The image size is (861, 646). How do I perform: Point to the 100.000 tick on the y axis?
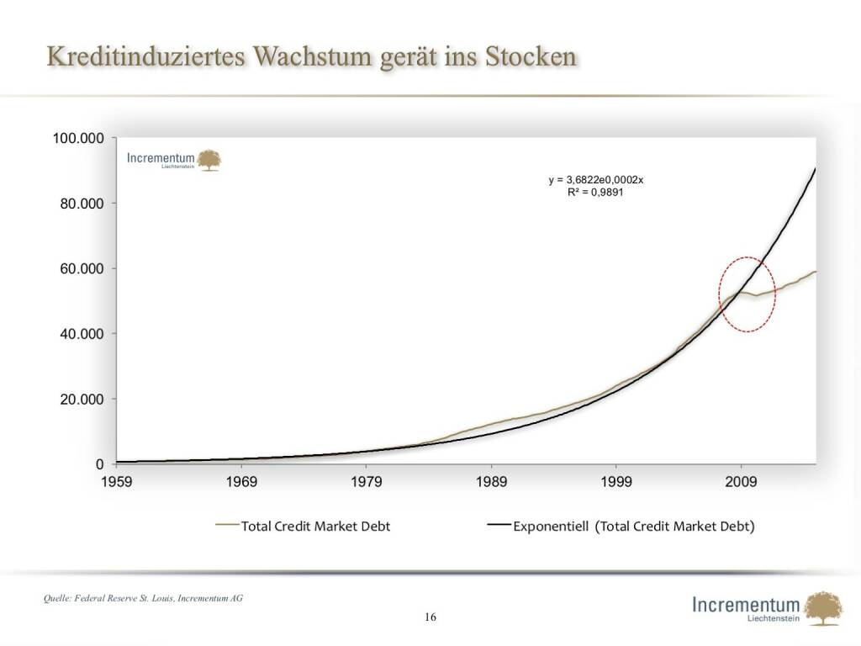[78, 138]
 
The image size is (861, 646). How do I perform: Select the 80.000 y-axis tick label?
[82, 204]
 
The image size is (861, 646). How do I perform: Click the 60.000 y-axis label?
[82, 268]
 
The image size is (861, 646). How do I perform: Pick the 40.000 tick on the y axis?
[82, 334]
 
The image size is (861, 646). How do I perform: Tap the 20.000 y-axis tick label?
[82, 399]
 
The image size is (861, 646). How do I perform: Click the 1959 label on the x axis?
[117, 482]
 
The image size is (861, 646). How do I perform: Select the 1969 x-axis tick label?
[241, 482]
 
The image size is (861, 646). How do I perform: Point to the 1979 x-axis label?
[367, 482]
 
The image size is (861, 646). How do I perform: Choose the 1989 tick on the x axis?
[491, 482]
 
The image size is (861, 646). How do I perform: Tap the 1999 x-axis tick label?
[616, 482]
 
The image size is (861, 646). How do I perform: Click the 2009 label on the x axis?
[741, 482]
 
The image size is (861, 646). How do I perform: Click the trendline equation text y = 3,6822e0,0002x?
[595, 180]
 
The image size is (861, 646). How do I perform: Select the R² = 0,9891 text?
[595, 192]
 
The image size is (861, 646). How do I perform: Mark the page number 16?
[430, 617]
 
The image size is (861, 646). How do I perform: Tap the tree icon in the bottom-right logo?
[822, 607]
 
